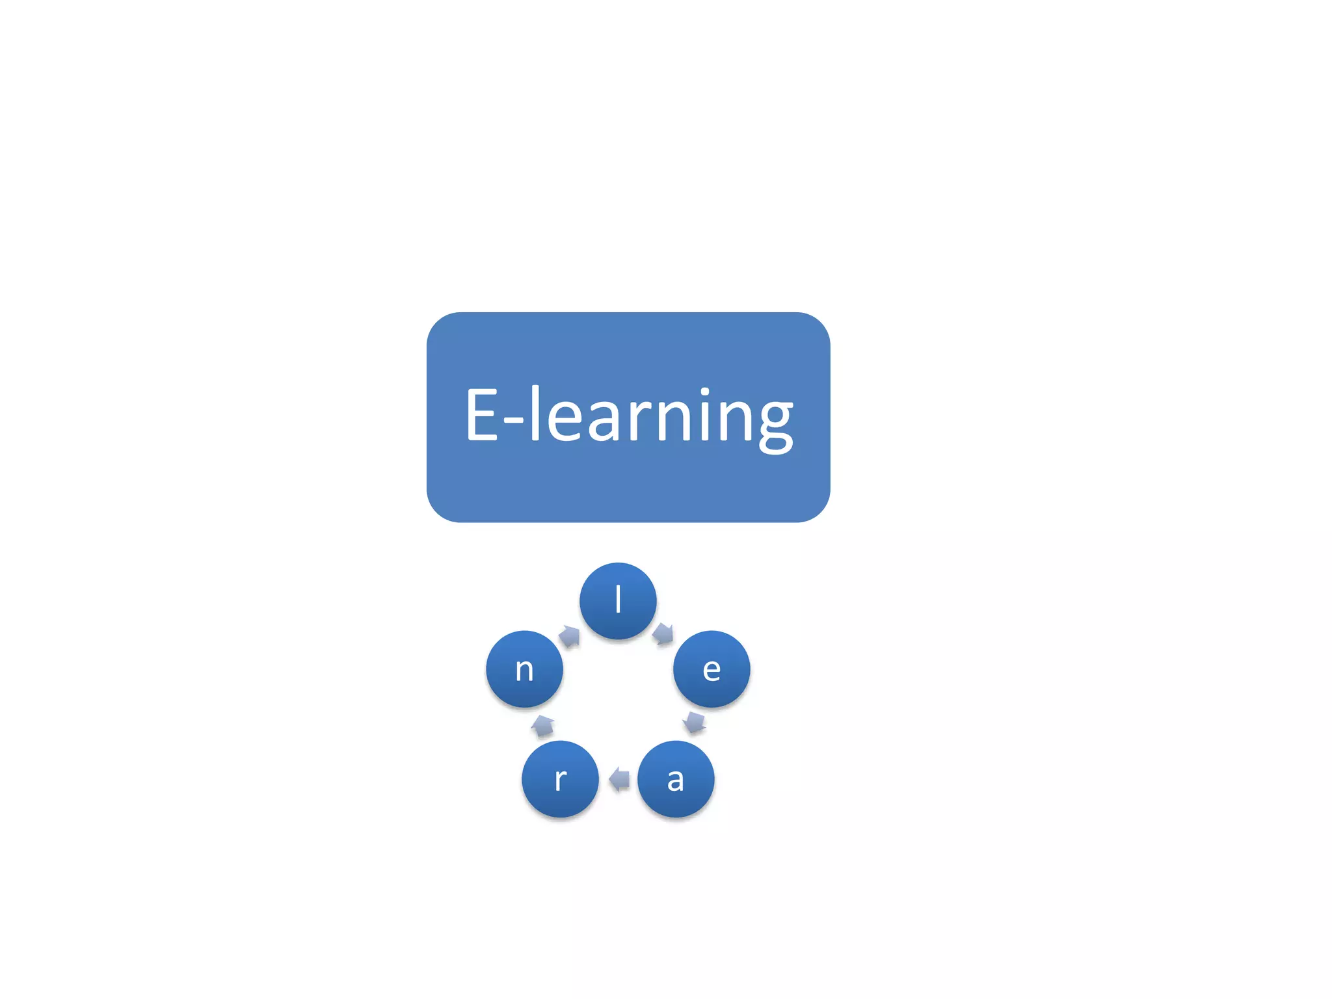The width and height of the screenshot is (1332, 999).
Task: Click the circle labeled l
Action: pos(618,600)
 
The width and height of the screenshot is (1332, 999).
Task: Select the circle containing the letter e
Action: pos(712,669)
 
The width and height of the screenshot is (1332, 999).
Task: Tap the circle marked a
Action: pos(676,779)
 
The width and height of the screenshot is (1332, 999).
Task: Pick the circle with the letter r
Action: pos(560,779)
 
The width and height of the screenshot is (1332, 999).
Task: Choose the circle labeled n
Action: pos(524,669)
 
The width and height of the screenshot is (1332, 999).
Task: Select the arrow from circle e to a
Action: pos(695,722)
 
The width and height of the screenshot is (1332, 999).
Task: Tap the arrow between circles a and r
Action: pos(619,779)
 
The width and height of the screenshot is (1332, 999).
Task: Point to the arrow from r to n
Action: pos(542,725)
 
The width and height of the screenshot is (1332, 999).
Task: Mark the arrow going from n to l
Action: pos(570,635)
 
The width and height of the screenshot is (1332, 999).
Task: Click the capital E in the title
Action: pos(482,414)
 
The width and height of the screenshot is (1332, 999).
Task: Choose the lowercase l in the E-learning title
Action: pos(535,412)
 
